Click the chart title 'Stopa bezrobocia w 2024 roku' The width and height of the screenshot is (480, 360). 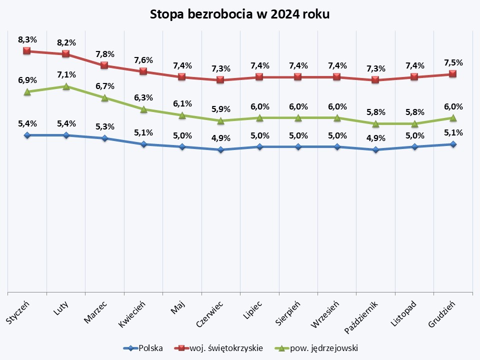point(240,14)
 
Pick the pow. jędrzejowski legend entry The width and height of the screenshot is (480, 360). point(317,348)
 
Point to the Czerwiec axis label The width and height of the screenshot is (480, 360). point(209,314)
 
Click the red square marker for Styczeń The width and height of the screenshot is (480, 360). point(27,51)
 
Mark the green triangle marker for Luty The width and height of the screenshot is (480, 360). point(66,86)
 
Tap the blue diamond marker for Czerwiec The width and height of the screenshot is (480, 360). point(220,149)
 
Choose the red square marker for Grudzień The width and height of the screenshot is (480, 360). point(453,74)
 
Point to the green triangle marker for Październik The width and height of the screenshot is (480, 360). point(375,123)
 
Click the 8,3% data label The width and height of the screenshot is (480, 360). point(27,39)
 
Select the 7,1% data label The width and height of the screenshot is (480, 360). point(66,74)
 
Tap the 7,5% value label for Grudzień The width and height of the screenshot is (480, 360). point(453,62)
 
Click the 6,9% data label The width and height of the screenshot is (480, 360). point(27,80)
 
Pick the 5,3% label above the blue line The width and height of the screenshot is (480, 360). point(104,126)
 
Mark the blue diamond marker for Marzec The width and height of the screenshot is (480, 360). point(104,138)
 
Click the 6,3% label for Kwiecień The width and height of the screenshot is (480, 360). point(143,97)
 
